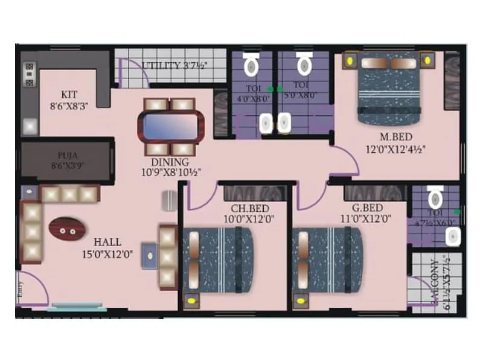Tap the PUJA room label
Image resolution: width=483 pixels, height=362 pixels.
point(66,155)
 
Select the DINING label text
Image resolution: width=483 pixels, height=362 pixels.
point(170,162)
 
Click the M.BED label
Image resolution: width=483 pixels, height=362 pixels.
point(395,136)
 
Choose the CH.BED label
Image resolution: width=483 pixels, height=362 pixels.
point(244,209)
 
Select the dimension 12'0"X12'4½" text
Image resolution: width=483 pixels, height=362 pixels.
point(395,148)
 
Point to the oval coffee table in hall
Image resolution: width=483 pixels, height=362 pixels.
point(65,229)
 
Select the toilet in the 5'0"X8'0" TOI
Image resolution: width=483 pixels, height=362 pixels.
point(304,63)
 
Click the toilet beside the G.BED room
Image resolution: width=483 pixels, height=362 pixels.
point(435,197)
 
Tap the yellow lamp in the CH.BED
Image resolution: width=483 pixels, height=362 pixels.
point(192,299)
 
